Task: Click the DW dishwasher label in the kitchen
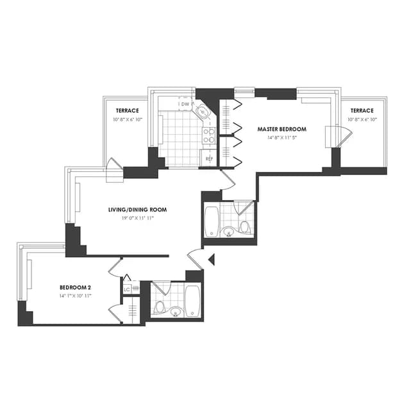[x=185, y=104]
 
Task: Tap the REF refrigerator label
[x=208, y=158]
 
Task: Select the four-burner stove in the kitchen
[x=208, y=135]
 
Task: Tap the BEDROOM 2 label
[x=76, y=287]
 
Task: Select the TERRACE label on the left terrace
[x=128, y=111]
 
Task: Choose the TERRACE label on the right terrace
[x=362, y=110]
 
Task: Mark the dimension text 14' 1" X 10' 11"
[x=76, y=296]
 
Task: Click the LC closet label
[x=126, y=290]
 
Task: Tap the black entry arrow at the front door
[x=212, y=259]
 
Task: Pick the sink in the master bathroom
[x=230, y=231]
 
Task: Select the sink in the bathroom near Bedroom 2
[x=175, y=312]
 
